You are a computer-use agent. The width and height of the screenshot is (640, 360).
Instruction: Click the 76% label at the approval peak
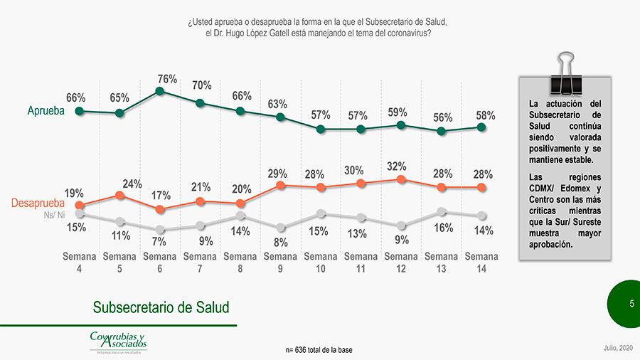(x=167, y=79)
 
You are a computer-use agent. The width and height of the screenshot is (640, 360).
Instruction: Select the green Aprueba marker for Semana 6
(x=160, y=91)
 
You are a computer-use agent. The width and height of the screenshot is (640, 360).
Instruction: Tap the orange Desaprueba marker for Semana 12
(x=401, y=179)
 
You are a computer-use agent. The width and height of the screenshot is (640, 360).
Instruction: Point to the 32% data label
(x=397, y=166)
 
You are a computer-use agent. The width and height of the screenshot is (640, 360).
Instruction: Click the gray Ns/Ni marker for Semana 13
(x=442, y=211)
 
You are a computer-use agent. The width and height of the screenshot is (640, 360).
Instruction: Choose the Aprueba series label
(x=46, y=111)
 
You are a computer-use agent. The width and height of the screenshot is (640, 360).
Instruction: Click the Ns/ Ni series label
(x=55, y=213)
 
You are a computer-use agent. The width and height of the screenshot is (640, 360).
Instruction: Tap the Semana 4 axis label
(x=80, y=263)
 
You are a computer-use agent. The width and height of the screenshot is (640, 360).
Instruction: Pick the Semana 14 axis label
(x=481, y=263)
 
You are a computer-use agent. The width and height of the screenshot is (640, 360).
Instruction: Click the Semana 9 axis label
(x=280, y=263)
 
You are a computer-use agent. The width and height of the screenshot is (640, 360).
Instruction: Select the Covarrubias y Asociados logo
(x=118, y=341)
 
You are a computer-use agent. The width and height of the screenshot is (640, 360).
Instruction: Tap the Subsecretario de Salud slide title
(x=161, y=307)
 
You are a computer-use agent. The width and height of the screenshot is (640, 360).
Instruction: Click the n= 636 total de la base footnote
(x=319, y=350)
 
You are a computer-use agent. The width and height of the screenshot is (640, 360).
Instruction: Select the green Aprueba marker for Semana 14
(x=481, y=127)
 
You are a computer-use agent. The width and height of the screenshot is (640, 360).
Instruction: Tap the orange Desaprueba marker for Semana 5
(x=120, y=194)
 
